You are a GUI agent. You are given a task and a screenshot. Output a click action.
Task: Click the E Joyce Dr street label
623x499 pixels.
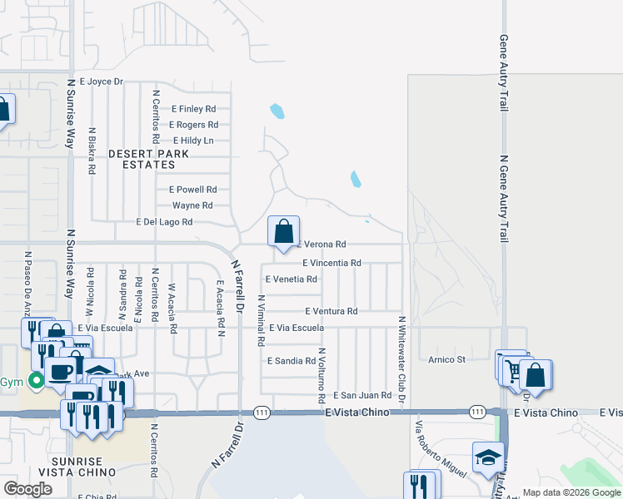click(101, 82)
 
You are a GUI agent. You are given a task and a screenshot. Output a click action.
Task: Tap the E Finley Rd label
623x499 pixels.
click(193, 109)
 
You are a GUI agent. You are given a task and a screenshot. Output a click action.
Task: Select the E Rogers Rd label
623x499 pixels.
click(193, 125)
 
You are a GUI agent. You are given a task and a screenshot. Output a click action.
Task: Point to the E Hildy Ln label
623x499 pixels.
click(192, 141)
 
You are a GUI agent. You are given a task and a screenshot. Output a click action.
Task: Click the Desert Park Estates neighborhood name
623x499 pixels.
click(149, 160)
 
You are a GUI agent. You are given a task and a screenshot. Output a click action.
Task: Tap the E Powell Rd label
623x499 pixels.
click(192, 190)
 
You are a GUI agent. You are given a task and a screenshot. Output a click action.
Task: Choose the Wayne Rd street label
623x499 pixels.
click(192, 205)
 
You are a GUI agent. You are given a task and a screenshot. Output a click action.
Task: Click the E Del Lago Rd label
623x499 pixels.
click(164, 222)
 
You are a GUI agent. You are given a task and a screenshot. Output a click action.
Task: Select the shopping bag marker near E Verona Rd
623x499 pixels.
click(283, 231)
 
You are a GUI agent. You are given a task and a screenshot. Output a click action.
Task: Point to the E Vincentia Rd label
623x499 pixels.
click(331, 263)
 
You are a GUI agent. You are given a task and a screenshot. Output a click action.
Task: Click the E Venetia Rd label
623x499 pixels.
click(290, 279)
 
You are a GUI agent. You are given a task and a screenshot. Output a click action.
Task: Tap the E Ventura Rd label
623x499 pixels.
click(331, 311)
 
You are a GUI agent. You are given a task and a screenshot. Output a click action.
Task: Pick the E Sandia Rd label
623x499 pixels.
click(291, 361)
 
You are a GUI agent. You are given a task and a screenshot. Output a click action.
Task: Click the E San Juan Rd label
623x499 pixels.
click(362, 396)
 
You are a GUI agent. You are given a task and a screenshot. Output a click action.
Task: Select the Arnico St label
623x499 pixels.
click(446, 359)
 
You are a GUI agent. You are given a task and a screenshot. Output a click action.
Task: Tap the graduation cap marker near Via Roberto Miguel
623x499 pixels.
click(488, 457)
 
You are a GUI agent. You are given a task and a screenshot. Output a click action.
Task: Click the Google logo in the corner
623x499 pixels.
click(27, 489)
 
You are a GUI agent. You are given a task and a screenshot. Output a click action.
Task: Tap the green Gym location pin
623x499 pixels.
click(36, 383)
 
